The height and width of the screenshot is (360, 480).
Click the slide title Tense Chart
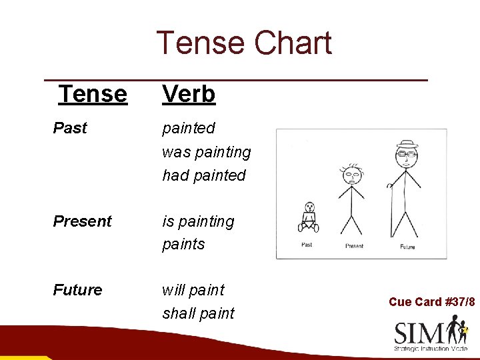point(243,43)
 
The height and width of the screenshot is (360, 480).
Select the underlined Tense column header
point(93,94)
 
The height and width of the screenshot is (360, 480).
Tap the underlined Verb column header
point(189,94)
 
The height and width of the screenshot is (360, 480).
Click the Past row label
point(70,128)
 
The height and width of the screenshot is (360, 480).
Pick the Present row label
point(82,221)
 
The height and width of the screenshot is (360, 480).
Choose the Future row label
point(77,290)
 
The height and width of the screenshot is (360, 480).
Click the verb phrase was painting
point(206,152)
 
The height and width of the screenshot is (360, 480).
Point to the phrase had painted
point(203,175)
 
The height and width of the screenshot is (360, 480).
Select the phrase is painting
point(198,221)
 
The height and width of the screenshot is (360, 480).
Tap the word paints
point(183,244)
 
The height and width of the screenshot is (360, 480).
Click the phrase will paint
point(193,290)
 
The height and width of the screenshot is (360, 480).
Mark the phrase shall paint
point(198,313)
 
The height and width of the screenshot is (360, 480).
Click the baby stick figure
point(308,217)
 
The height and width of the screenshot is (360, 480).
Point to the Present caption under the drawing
point(354,247)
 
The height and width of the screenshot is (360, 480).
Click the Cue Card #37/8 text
point(431,302)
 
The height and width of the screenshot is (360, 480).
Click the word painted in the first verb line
point(189,128)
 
